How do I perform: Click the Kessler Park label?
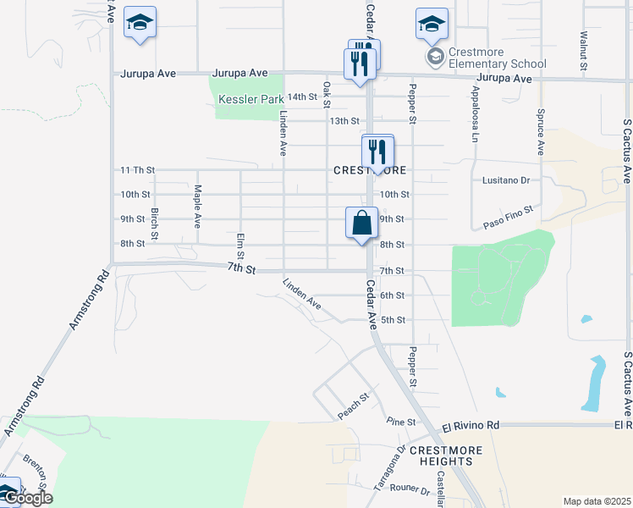click(251, 99)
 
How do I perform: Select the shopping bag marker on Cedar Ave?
click(361, 224)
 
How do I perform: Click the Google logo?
click(27, 499)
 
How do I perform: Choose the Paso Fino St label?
click(508, 218)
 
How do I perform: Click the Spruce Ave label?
click(539, 130)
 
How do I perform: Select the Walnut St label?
click(583, 50)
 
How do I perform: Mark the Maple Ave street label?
click(197, 207)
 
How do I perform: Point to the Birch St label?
click(155, 223)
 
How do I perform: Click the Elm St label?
click(240, 246)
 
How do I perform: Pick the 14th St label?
click(301, 97)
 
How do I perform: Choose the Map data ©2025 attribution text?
click(597, 501)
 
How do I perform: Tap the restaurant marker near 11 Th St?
click(377, 152)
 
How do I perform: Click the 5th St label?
click(394, 320)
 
